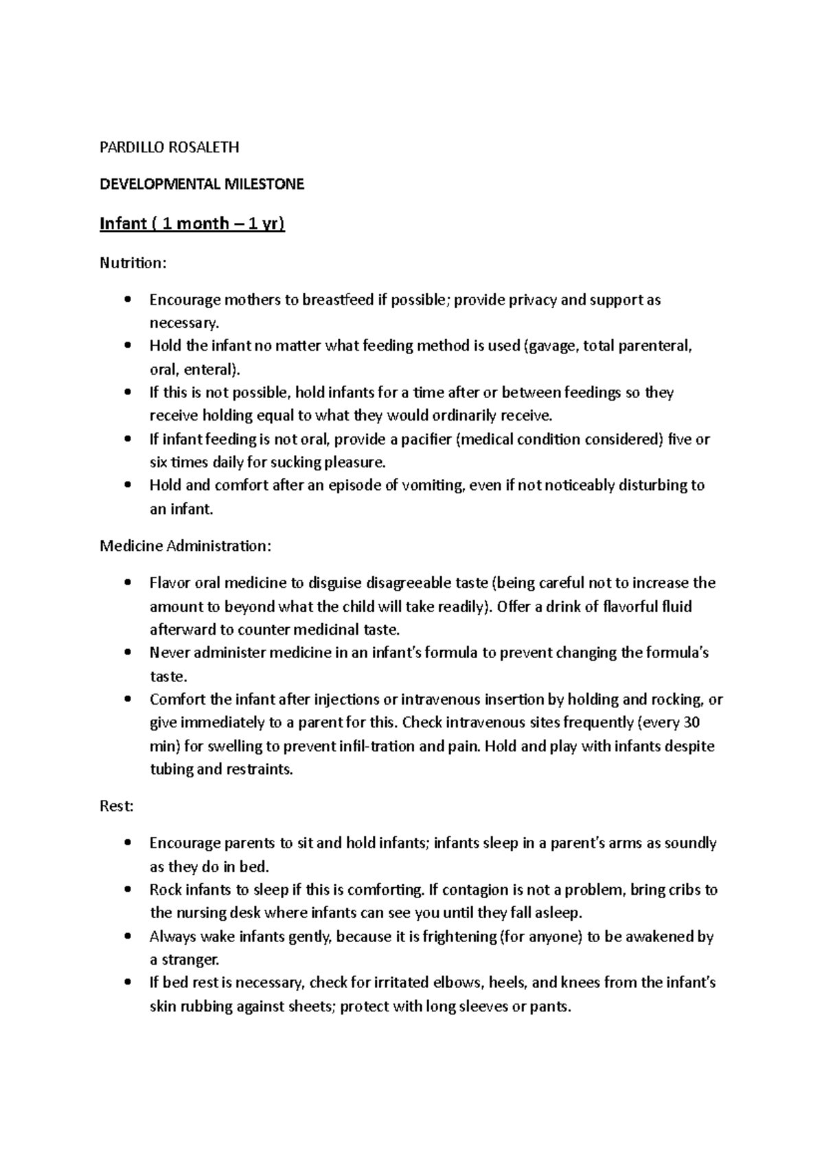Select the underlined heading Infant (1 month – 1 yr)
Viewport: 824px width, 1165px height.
point(192,224)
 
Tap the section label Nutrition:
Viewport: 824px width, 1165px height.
point(133,263)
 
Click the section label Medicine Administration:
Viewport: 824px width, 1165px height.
point(185,546)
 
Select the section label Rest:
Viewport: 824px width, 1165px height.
point(116,806)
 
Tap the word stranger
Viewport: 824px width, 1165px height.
point(190,959)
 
